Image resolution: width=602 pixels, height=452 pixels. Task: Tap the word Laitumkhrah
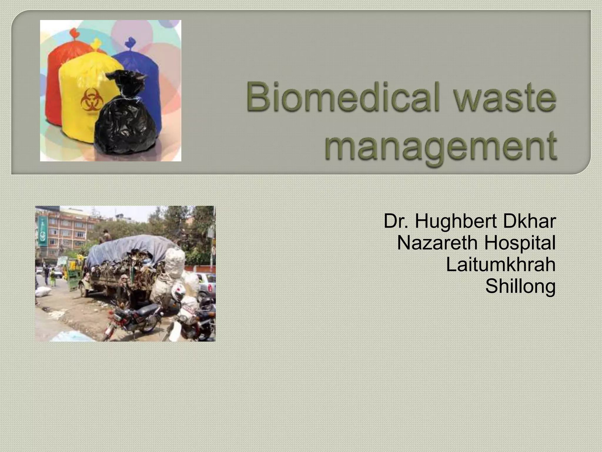(501, 265)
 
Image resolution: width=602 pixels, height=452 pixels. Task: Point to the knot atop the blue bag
(129, 43)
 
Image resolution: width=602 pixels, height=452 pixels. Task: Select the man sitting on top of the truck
(106, 236)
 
